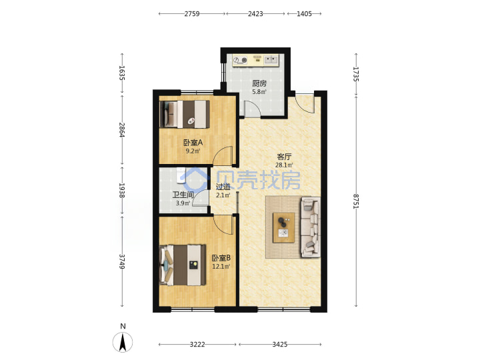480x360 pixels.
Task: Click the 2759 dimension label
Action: (x=192, y=14)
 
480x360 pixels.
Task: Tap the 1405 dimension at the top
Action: (x=304, y=14)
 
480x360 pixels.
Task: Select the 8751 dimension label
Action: (x=356, y=201)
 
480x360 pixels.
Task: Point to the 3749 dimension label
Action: (x=122, y=261)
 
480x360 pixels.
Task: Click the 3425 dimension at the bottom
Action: (x=280, y=345)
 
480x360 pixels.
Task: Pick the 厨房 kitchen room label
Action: (x=259, y=83)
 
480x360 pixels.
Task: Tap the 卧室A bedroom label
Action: (x=193, y=143)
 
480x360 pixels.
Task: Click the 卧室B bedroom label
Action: (x=221, y=258)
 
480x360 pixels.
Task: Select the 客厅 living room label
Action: (x=284, y=157)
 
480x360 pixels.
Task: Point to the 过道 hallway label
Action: (x=223, y=187)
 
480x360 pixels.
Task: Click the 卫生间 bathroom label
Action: (x=183, y=195)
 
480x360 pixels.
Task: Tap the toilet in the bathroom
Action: (x=181, y=175)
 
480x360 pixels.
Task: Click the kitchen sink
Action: (x=271, y=59)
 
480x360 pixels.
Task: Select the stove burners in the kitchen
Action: (x=240, y=60)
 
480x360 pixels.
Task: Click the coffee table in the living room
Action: (x=284, y=228)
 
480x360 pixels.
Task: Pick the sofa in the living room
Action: (x=311, y=227)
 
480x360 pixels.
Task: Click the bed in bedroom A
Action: (x=185, y=114)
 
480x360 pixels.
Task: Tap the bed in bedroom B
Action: (x=183, y=265)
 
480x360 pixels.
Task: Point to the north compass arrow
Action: (x=123, y=342)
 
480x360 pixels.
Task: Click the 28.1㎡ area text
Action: (x=284, y=165)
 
